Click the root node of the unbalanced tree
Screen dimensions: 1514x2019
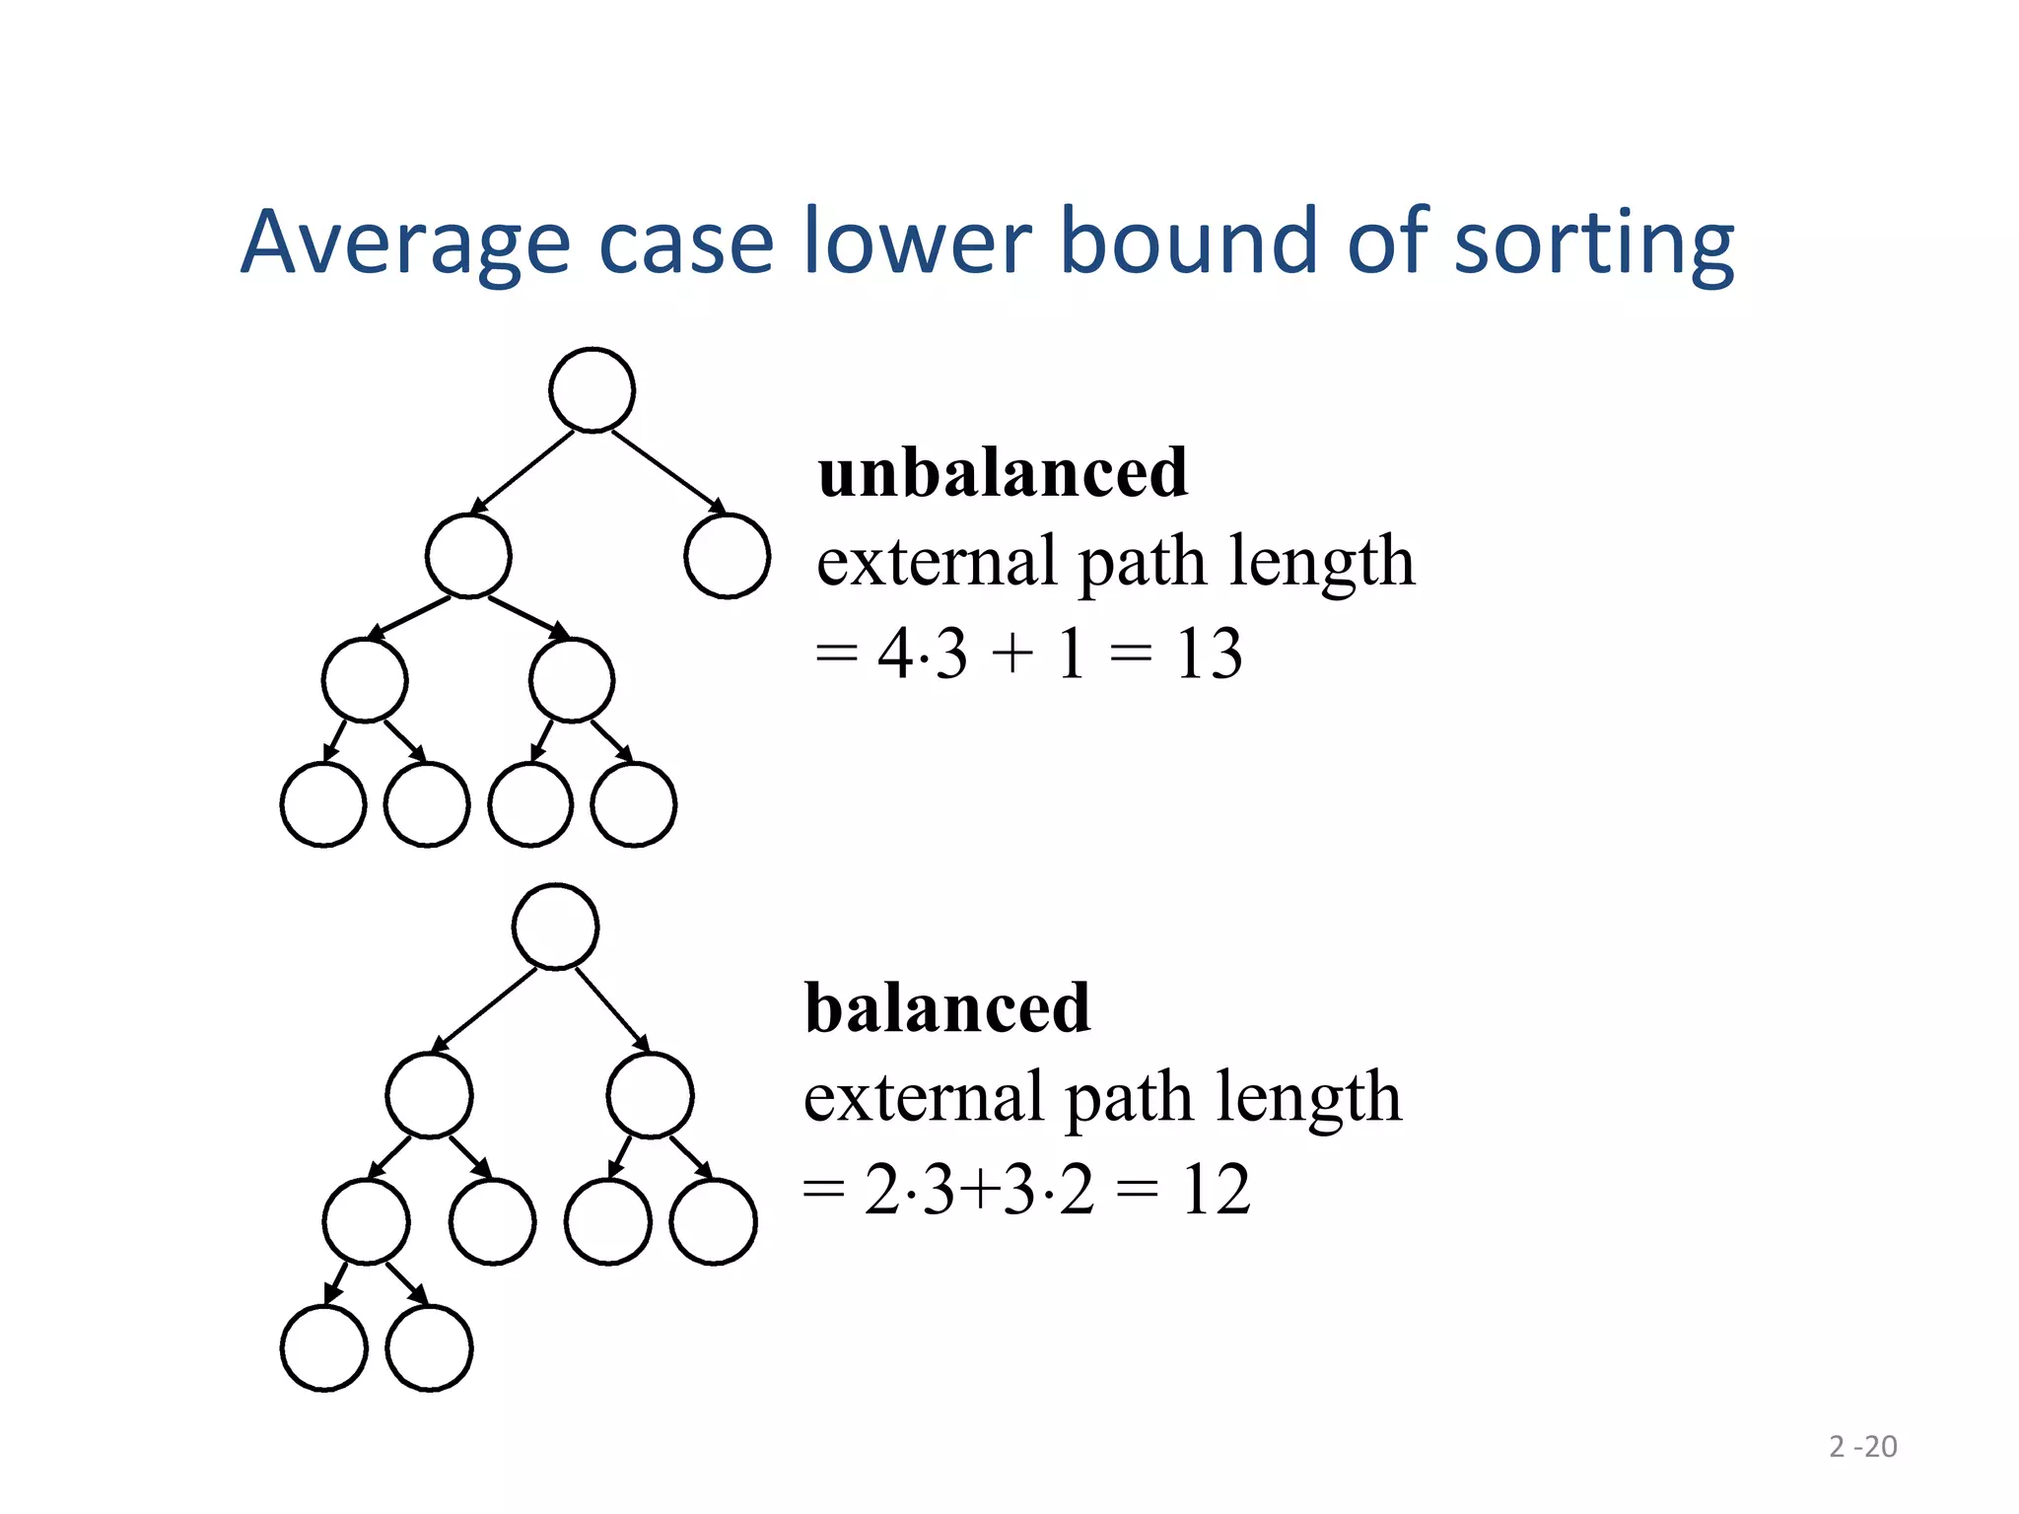pyautogui.click(x=592, y=389)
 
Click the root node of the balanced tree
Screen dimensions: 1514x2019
pyautogui.click(x=556, y=927)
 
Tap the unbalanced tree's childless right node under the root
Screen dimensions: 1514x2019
pyautogui.click(x=727, y=556)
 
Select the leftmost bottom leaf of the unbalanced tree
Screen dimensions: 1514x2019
pyautogui.click(x=323, y=804)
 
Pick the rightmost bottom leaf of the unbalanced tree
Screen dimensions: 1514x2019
pyautogui.click(x=633, y=804)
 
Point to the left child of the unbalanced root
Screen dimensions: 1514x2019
pyautogui.click(x=468, y=556)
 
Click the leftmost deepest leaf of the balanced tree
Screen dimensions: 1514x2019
pyautogui.click(x=324, y=1347)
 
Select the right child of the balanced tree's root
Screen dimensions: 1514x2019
pyautogui.click(x=651, y=1095)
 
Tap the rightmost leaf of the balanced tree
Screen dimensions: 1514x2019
pyautogui.click(x=713, y=1221)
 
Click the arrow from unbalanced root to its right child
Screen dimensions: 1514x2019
pyautogui.click(x=668, y=472)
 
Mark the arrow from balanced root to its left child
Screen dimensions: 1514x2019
pyautogui.click(x=485, y=1009)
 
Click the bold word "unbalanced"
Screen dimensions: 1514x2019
pyautogui.click(x=1003, y=472)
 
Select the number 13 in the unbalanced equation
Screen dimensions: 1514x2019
pyautogui.click(x=1209, y=654)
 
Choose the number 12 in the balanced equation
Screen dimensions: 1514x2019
pyautogui.click(x=1216, y=1189)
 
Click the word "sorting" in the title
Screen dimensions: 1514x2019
pyautogui.click(x=1593, y=242)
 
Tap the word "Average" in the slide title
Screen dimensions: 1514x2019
pyautogui.click(x=405, y=242)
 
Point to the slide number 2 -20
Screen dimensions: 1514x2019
pyautogui.click(x=1862, y=1446)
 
